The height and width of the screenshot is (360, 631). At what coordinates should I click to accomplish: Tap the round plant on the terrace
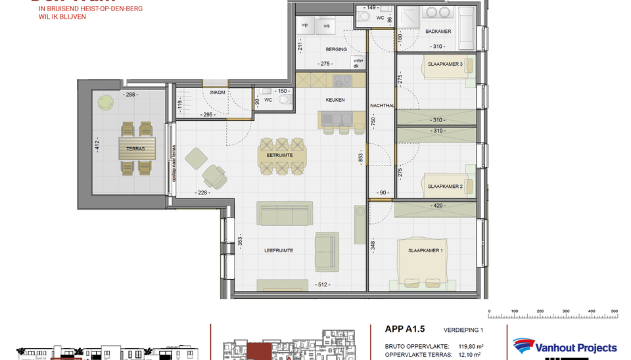pyautogui.click(x=105, y=101)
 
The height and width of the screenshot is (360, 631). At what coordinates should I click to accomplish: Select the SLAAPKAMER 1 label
pyautogui.click(x=426, y=250)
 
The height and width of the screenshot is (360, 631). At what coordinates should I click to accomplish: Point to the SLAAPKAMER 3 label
pyautogui.click(x=446, y=64)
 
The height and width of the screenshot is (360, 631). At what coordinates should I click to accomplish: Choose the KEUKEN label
pyautogui.click(x=335, y=101)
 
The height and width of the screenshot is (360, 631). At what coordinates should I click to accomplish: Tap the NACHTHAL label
pyautogui.click(x=382, y=104)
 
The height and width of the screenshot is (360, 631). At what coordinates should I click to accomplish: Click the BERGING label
pyautogui.click(x=336, y=49)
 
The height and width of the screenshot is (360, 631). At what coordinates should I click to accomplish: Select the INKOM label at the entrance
pyautogui.click(x=218, y=93)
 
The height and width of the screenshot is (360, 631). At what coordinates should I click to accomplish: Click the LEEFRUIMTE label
pyautogui.click(x=279, y=250)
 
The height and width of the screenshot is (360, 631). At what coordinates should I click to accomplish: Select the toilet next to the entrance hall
pyautogui.click(x=284, y=100)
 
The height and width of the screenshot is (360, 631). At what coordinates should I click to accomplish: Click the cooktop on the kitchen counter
pyautogui.click(x=342, y=80)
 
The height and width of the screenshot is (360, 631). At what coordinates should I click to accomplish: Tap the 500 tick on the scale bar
pyautogui.click(x=615, y=311)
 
